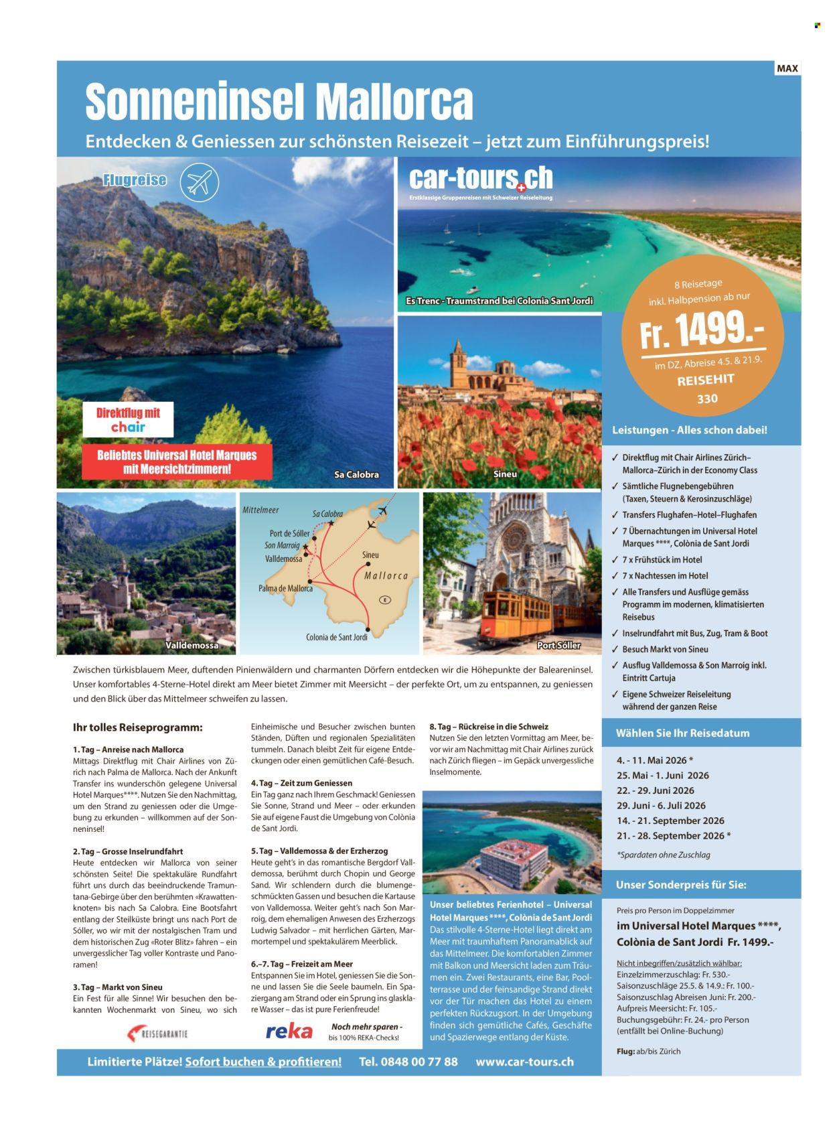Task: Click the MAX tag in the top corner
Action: click(x=787, y=68)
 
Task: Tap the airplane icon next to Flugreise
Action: click(x=199, y=182)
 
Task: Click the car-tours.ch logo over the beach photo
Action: click(x=481, y=179)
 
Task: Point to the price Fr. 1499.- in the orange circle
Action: click(x=701, y=330)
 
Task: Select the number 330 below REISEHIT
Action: click(x=707, y=399)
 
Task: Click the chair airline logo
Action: click(x=128, y=427)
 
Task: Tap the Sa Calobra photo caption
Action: click(x=356, y=474)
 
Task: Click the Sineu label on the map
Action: click(x=370, y=555)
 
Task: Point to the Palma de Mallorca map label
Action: click(x=285, y=588)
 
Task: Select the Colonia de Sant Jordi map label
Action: click(x=337, y=637)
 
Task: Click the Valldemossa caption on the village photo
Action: click(x=192, y=645)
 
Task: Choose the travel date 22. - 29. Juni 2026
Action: click(x=656, y=790)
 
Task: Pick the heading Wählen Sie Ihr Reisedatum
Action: click(x=682, y=733)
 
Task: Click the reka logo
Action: click(x=289, y=1031)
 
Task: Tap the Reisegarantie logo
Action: click(x=158, y=1034)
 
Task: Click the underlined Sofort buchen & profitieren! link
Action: click(x=263, y=1062)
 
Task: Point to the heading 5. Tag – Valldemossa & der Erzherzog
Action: click(x=319, y=851)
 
